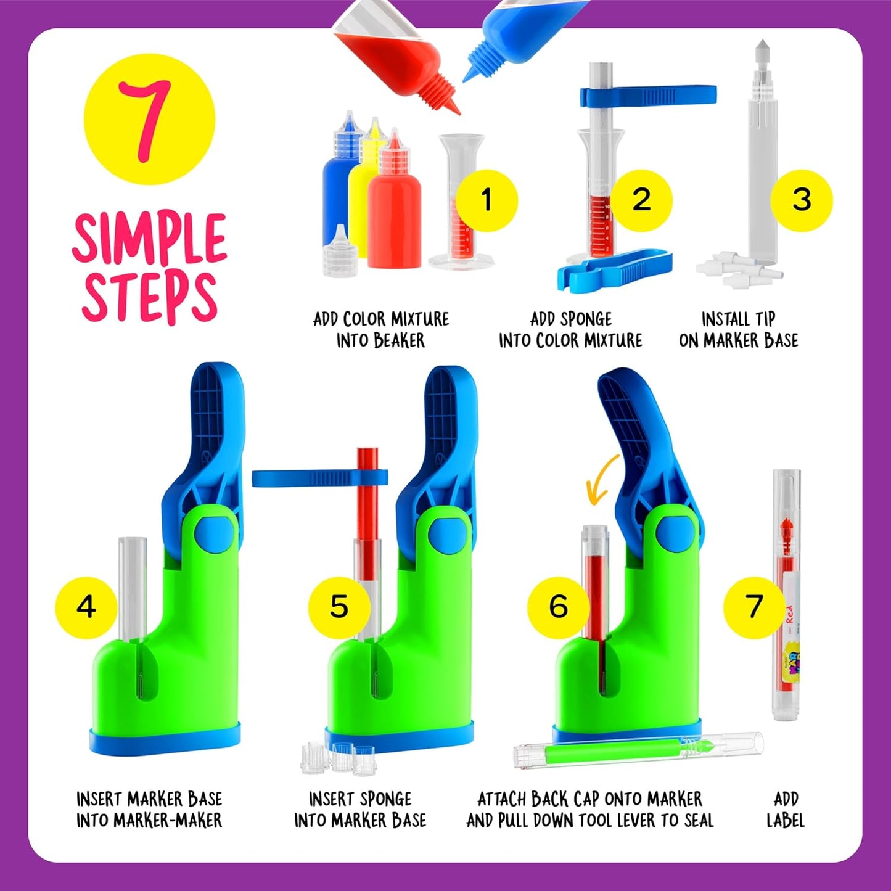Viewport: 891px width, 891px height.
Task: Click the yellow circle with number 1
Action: tap(487, 200)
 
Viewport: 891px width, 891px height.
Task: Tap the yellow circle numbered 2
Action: tap(641, 200)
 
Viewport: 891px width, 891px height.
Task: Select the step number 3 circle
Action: tap(801, 200)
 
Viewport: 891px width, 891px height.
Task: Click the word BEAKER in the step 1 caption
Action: tap(399, 341)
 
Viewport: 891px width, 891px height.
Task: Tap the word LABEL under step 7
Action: tap(786, 820)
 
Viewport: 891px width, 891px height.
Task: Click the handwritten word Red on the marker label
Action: tap(789, 614)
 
